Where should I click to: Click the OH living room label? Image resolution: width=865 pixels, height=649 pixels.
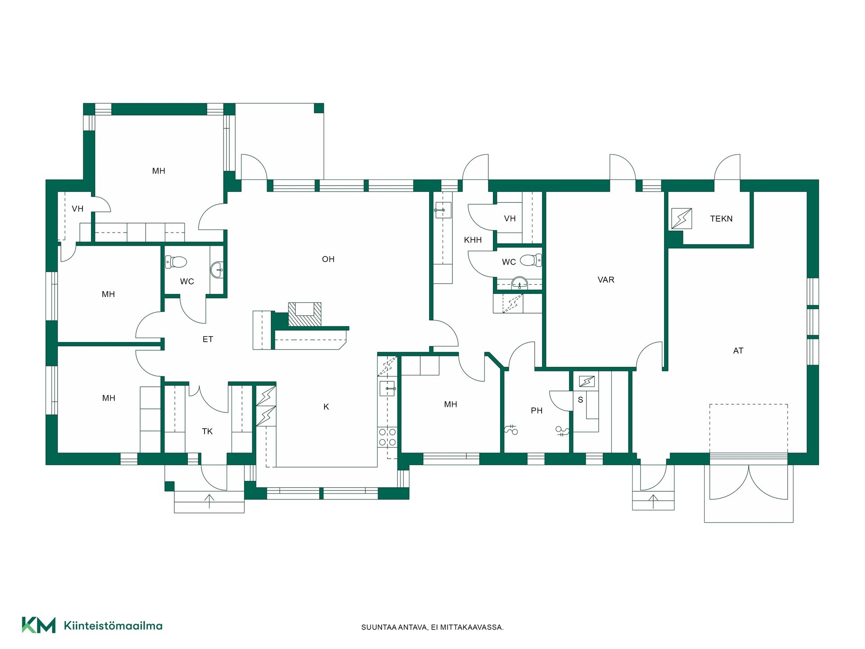pos(328,259)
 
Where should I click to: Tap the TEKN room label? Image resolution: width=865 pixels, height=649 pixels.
pos(721,219)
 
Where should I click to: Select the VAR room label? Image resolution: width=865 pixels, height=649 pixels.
pos(606,280)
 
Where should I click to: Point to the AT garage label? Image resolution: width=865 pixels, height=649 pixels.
pos(738,351)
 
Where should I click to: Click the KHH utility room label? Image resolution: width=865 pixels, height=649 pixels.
pos(473,240)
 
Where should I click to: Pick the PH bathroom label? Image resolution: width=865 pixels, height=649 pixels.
pos(537,411)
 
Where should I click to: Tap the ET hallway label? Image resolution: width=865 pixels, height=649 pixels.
pos(208,339)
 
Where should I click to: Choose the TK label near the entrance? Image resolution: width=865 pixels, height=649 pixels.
pos(207,432)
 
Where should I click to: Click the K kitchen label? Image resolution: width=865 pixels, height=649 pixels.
pos(326,407)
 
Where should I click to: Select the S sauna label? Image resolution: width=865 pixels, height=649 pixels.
pos(580,400)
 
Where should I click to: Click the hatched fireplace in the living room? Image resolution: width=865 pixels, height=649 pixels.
pos(305,314)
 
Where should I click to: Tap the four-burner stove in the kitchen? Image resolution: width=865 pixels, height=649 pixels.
pos(387,437)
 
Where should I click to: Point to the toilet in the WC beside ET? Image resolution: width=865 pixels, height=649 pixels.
pos(176,262)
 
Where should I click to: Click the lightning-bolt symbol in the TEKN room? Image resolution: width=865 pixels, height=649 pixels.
pos(682,219)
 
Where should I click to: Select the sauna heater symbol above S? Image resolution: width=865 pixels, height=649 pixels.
pos(587,382)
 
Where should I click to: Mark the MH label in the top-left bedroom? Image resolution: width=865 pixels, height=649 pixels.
pos(159,171)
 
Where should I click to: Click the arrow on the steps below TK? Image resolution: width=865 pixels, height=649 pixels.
pos(209,501)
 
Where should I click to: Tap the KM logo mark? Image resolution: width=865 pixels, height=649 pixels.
pos(39,625)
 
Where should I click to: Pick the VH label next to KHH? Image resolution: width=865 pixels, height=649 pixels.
pos(510,219)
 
